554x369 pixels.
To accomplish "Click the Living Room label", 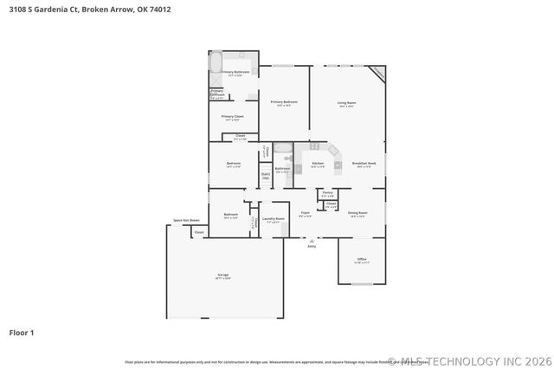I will coord(346,103).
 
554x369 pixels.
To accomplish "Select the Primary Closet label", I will coord(232,117).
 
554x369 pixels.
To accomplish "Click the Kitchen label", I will coord(318,164).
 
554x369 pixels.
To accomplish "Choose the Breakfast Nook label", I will coord(364,164).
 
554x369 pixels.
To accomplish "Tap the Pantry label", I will coord(328,193).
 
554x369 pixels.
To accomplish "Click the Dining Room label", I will coord(358,213).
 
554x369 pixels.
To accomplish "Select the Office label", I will coord(362,259).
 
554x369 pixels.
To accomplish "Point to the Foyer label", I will coord(305,213).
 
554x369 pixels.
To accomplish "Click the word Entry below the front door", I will coord(312,246).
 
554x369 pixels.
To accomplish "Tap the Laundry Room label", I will coord(274,219).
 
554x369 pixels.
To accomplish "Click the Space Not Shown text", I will coord(186,221).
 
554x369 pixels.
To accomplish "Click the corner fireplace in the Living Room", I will coord(377,74).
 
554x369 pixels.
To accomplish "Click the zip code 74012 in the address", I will coord(159,10).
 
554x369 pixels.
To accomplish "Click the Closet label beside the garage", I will coord(198,232).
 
